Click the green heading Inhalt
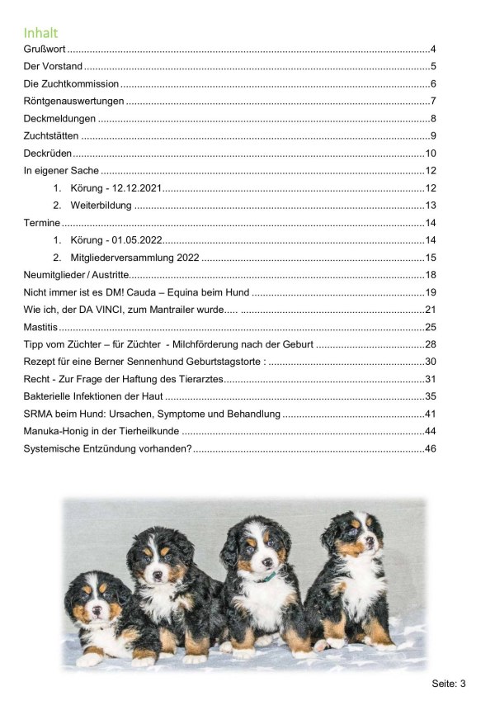(40, 34)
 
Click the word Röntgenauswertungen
(73, 102)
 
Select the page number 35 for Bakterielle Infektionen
(430, 396)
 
